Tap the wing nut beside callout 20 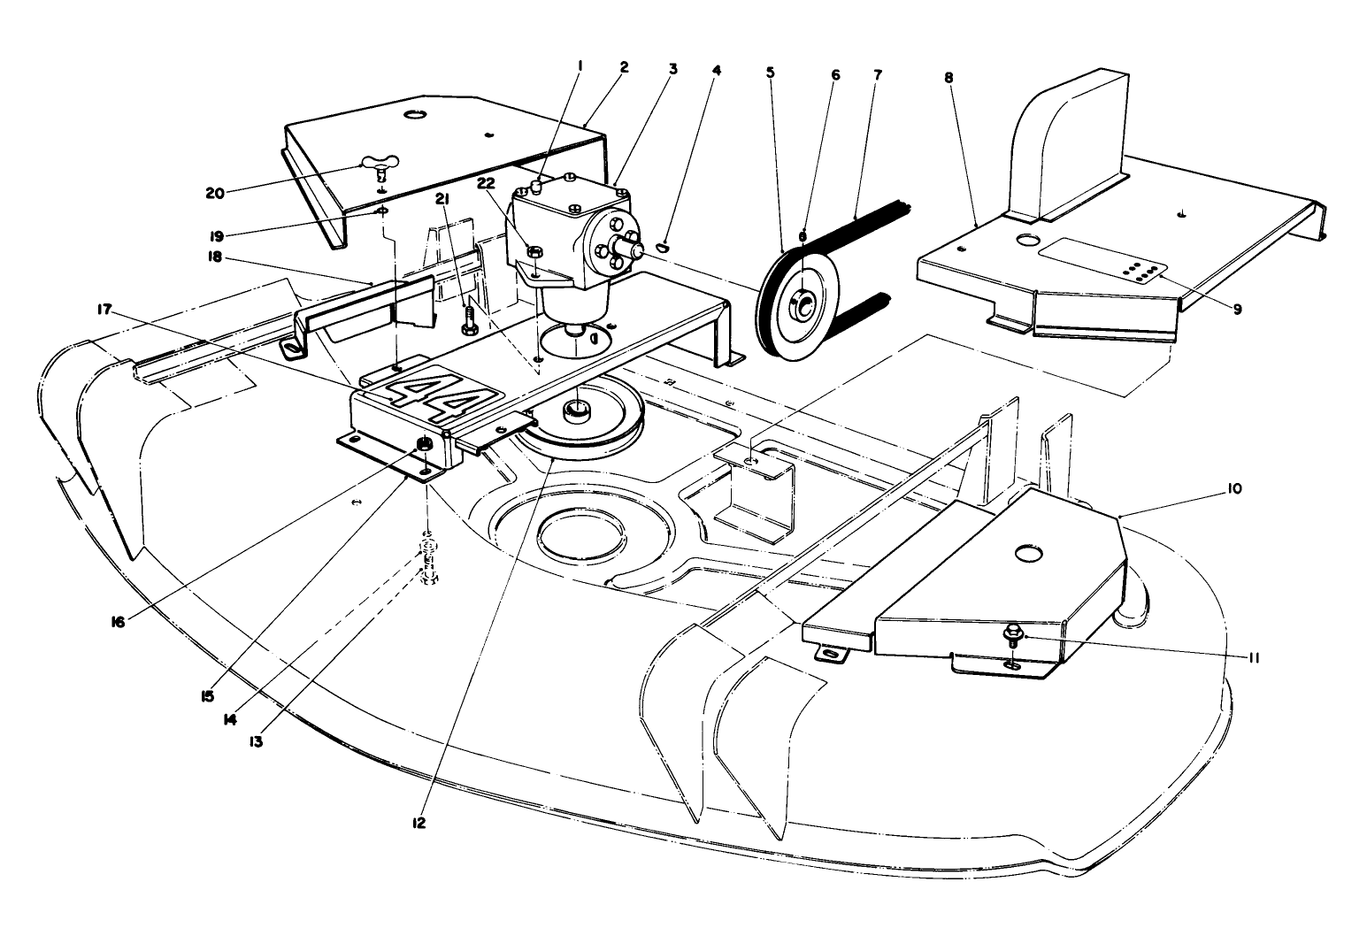pos(380,165)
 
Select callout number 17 pos(105,309)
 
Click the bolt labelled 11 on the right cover pos(1014,633)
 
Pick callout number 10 pos(1234,488)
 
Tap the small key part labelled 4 pos(666,247)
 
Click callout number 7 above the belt pos(877,75)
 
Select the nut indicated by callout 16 pos(426,444)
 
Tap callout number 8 pos(949,77)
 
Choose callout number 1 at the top pos(581,65)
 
